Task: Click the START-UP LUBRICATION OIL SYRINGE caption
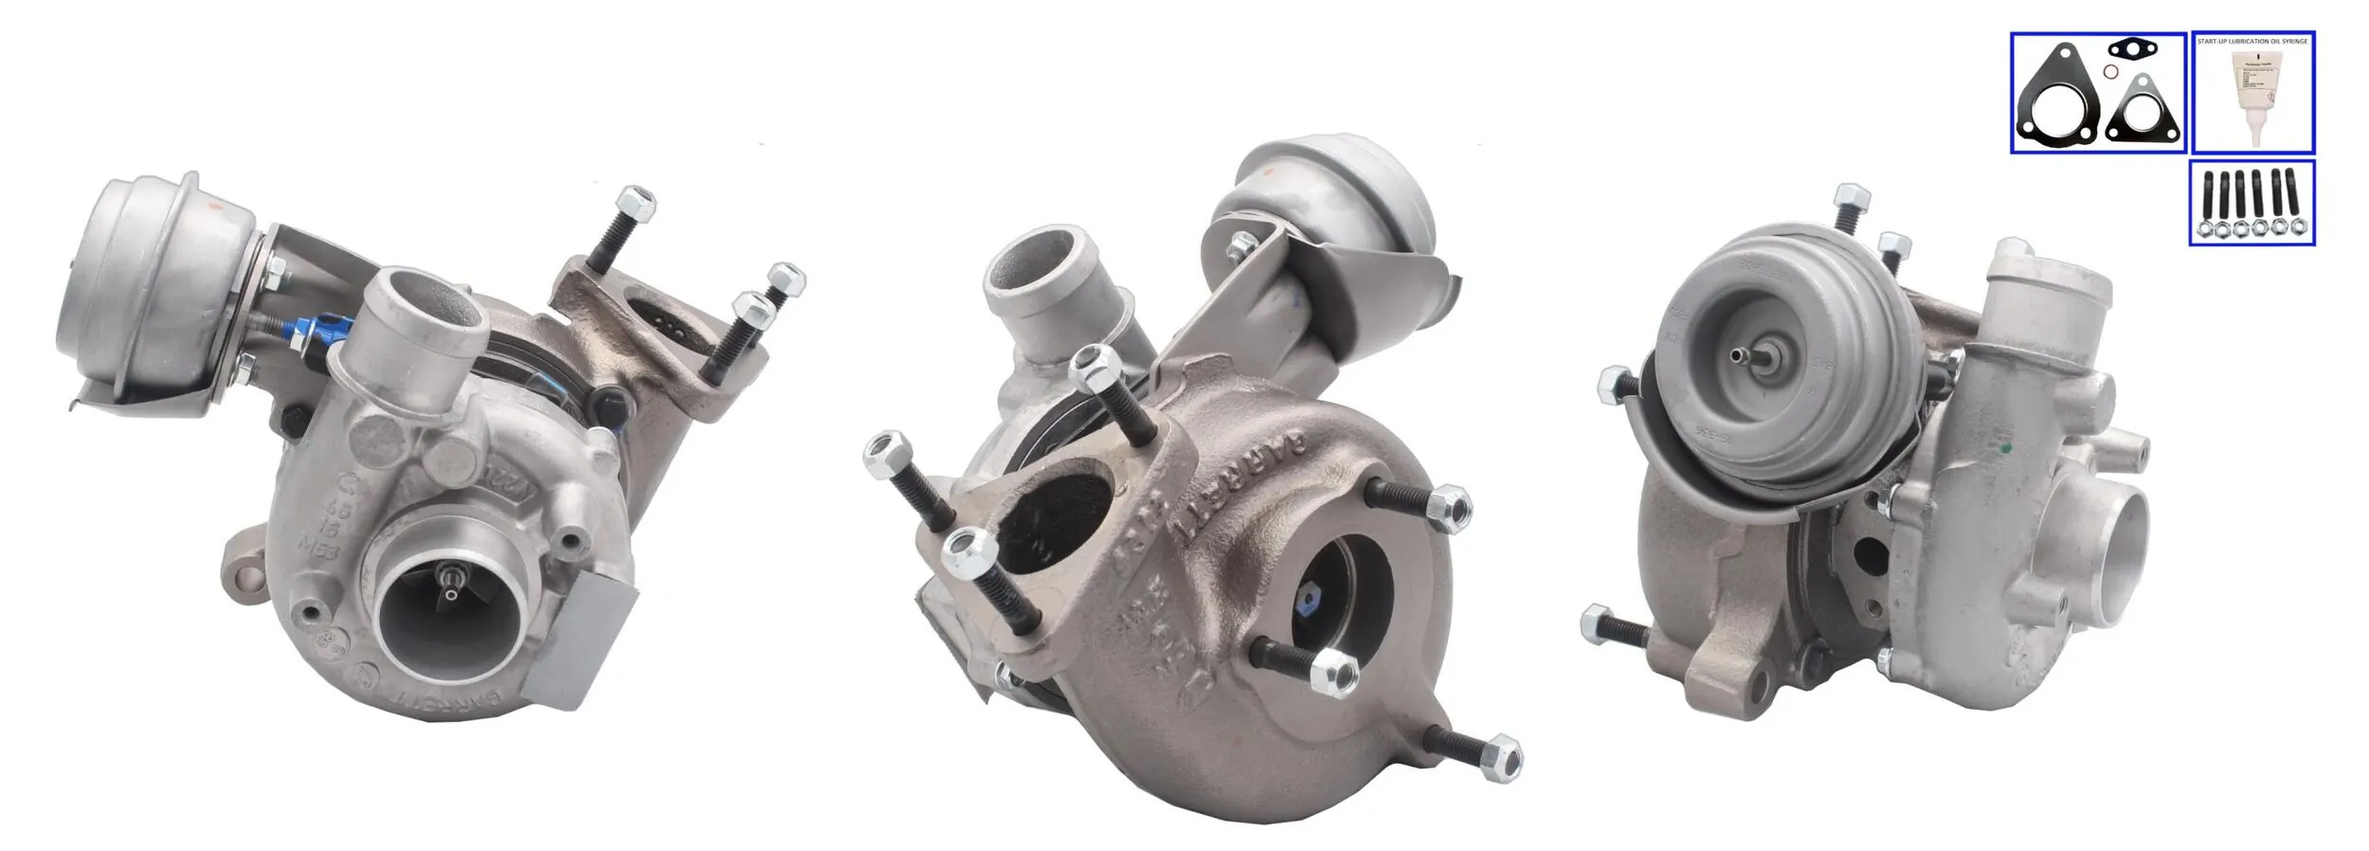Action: [2252, 42]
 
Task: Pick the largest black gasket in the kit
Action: [2054, 113]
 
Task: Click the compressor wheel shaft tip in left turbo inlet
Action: [454, 579]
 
